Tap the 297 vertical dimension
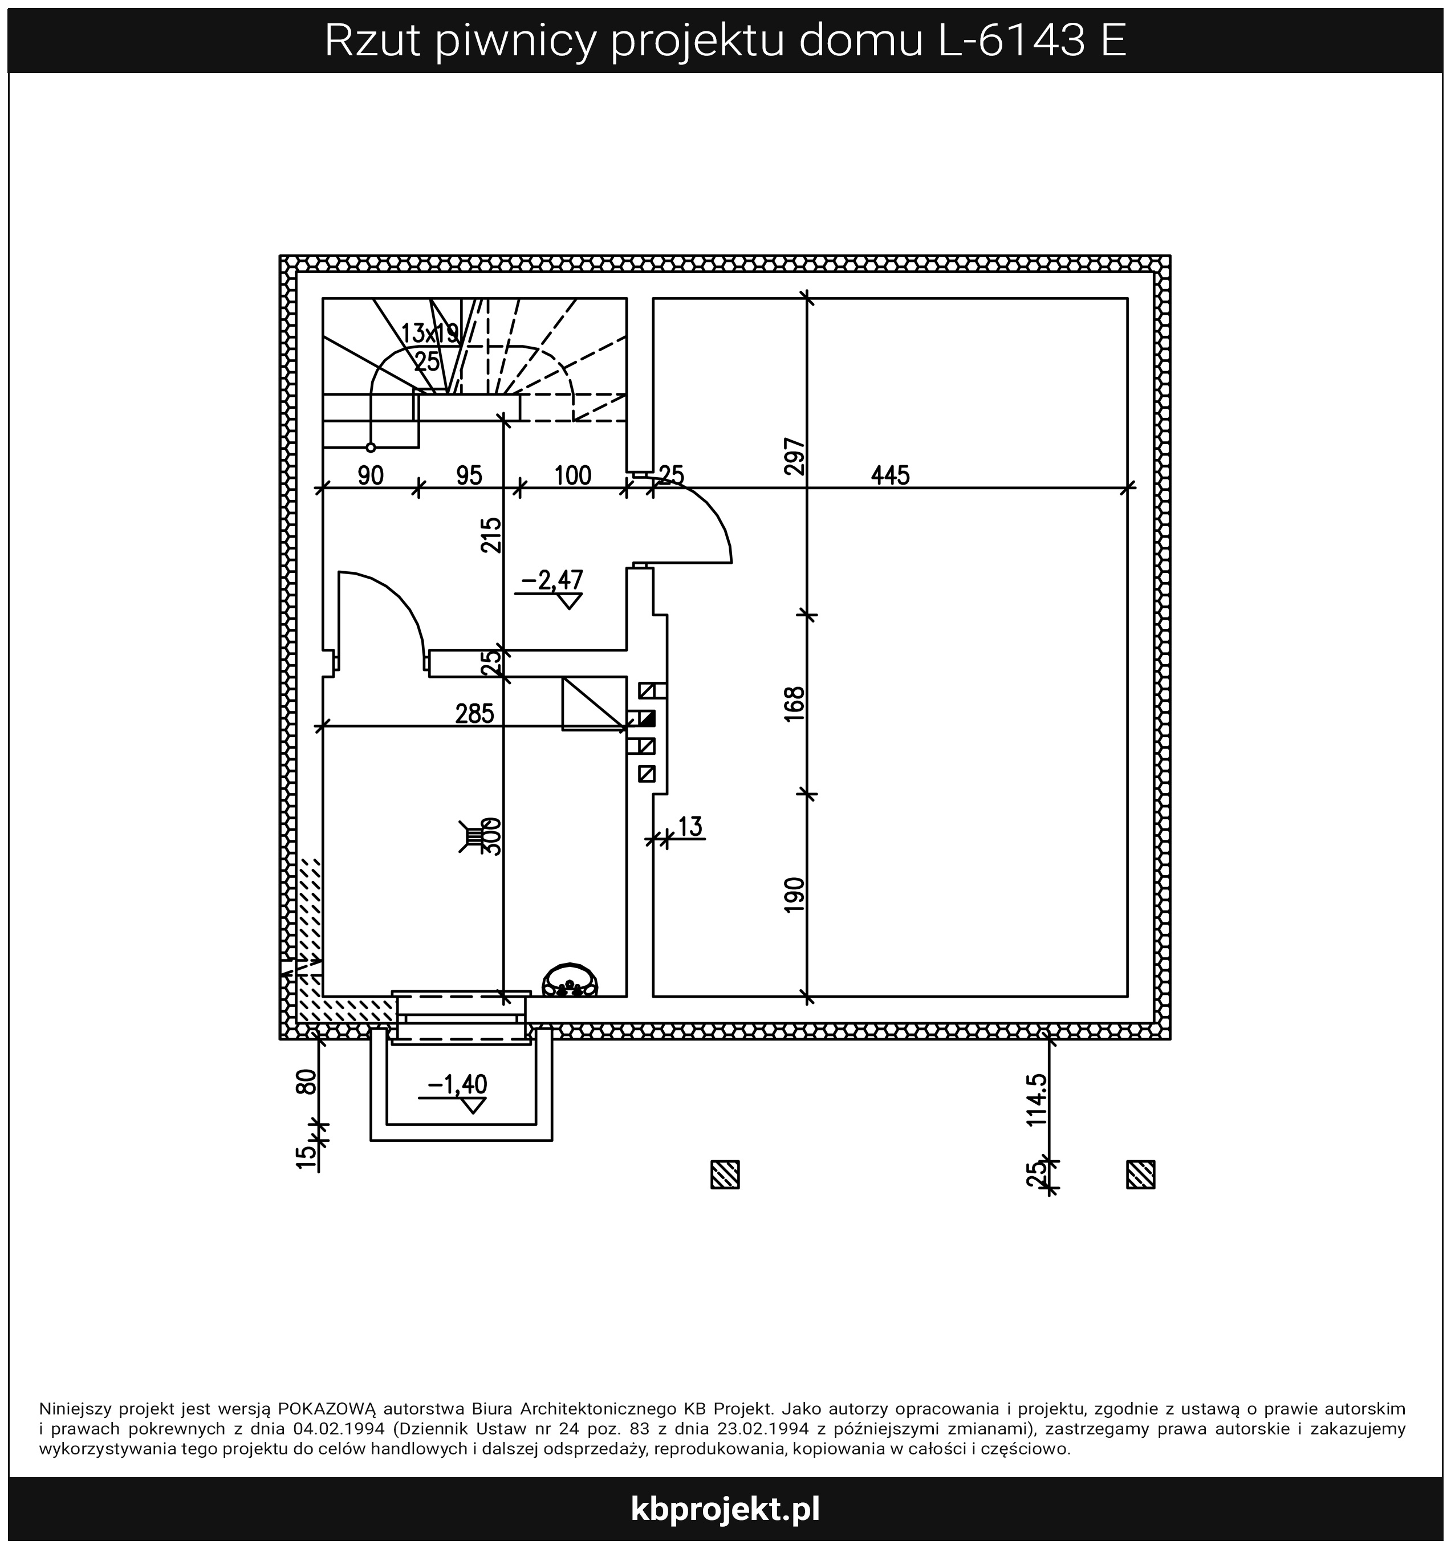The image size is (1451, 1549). coord(794,456)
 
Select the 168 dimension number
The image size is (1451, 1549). coord(794,703)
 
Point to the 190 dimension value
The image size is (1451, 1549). coord(794,895)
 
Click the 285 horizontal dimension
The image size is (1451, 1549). coord(474,713)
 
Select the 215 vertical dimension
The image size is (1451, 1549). coord(491,535)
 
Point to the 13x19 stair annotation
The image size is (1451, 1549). coord(429,334)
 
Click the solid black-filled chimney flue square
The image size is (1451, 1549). coord(647,718)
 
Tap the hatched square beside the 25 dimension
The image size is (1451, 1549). coord(1141,1174)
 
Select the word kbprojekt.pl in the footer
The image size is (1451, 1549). coord(725,1509)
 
